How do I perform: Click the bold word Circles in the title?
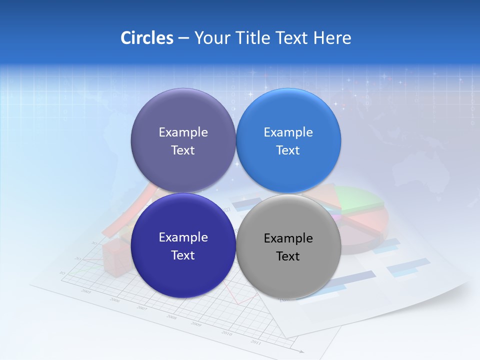coord(146,38)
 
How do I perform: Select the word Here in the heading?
coord(332,38)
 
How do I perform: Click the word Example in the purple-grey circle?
coord(183,132)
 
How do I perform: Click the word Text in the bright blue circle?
coord(288,150)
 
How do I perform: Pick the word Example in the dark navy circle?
coord(183,237)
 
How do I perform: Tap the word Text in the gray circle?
coord(288,256)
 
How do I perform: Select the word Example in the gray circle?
coord(288,238)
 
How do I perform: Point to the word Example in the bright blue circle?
coord(288,132)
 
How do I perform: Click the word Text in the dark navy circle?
coord(183,255)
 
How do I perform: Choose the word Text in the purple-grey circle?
coord(183,150)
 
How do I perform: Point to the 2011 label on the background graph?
coord(255,342)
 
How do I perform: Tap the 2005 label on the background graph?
coord(86,291)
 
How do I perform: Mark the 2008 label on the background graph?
coord(171,317)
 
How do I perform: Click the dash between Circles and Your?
coord(183,38)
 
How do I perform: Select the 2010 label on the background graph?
coord(226,333)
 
